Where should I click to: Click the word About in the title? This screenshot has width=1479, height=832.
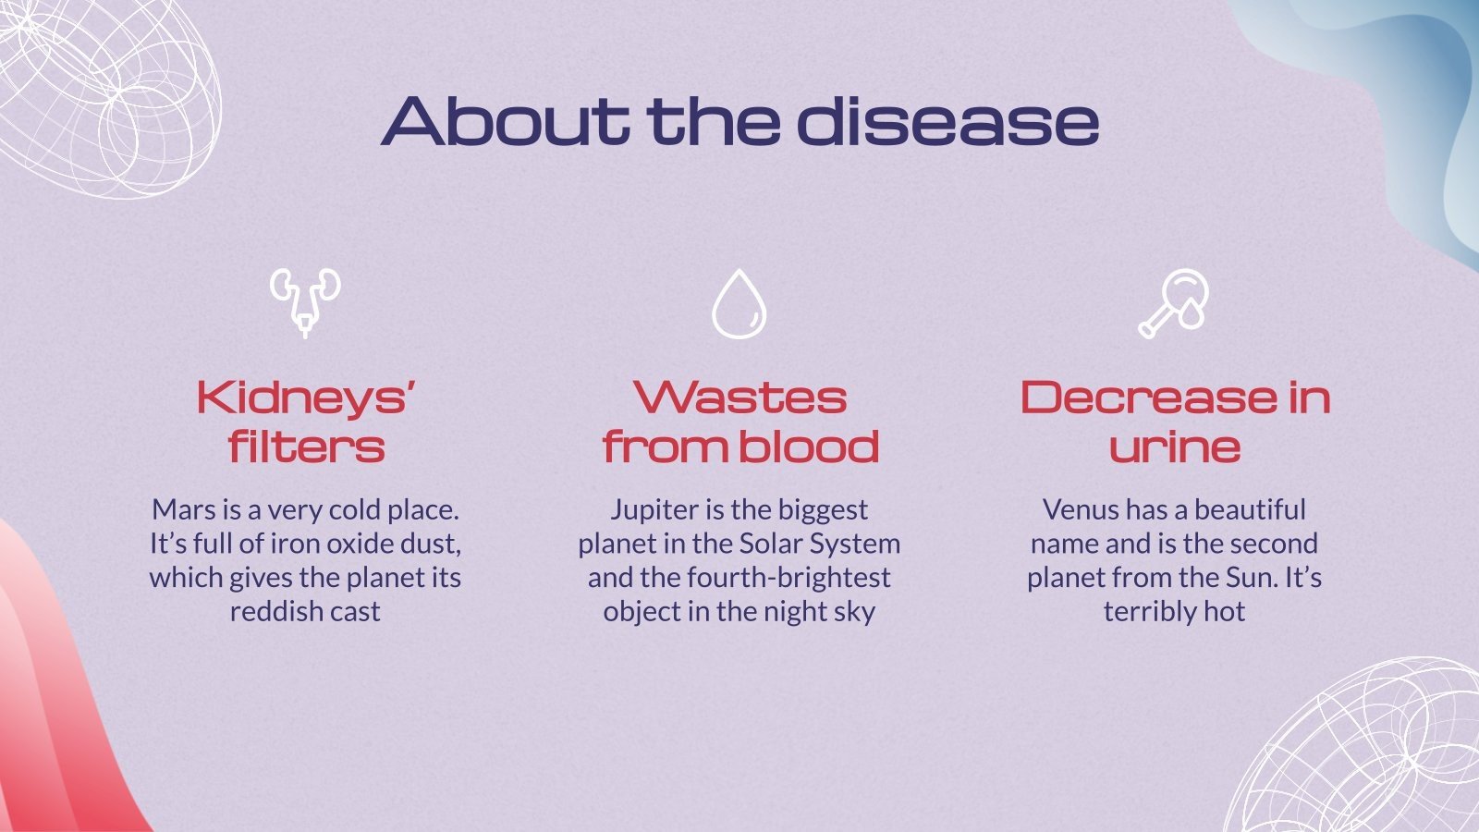(x=504, y=120)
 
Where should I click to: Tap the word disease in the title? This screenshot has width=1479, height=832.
(x=947, y=120)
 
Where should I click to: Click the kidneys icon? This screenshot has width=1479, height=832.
(x=305, y=301)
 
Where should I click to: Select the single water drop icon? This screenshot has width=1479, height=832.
(x=739, y=303)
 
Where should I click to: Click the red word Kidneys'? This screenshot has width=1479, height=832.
(x=305, y=398)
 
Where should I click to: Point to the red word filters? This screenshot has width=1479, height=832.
(x=306, y=447)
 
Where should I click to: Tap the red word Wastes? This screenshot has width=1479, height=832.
(x=739, y=398)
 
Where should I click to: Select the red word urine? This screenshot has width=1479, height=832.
(x=1174, y=447)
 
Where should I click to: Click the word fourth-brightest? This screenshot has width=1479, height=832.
(x=788, y=578)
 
